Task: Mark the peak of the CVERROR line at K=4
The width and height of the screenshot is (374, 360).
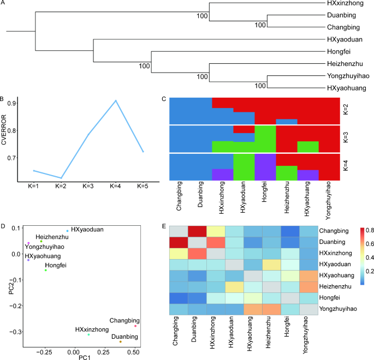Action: (x=116, y=100)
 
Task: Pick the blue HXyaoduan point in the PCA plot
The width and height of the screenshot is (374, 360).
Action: (x=67, y=231)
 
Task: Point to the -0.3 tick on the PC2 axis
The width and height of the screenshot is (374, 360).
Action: (x=17, y=331)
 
